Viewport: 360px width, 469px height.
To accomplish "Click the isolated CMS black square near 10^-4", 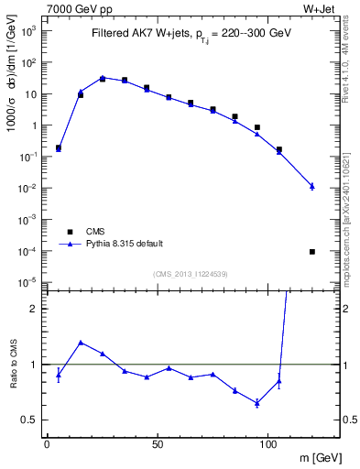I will coord(312,251).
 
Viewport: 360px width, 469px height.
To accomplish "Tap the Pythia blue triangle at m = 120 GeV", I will coord(312,186).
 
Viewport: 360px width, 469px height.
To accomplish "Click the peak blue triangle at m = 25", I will coord(103,78).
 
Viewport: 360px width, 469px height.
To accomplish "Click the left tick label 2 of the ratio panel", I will coord(37,309).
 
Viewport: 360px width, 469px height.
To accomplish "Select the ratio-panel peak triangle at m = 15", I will coord(81,343).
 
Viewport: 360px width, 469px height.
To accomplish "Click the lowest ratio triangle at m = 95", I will coord(257,403).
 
